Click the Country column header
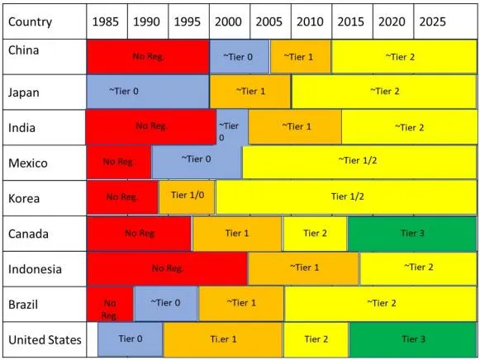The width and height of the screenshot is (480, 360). (x=30, y=21)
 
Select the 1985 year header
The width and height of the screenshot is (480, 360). (x=105, y=21)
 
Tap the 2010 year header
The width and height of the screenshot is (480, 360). (x=310, y=21)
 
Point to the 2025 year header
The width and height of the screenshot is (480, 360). (x=432, y=21)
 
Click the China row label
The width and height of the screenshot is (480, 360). (x=24, y=50)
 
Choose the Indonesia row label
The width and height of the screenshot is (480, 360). (x=35, y=269)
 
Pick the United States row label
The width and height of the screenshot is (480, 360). (x=45, y=340)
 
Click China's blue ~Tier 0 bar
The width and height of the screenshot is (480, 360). (x=239, y=57)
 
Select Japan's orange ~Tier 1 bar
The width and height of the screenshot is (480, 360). (x=250, y=92)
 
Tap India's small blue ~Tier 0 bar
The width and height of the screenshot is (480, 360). (x=232, y=127)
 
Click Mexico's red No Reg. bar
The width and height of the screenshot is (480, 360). (x=119, y=162)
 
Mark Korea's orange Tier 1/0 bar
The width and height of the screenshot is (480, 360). (x=187, y=197)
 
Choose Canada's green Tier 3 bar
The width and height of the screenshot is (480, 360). (x=412, y=234)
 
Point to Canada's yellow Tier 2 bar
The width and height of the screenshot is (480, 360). (x=315, y=234)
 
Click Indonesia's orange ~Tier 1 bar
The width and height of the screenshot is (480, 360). (x=303, y=268)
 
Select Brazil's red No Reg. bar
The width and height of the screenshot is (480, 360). (x=110, y=304)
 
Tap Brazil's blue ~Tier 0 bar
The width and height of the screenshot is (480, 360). (x=166, y=304)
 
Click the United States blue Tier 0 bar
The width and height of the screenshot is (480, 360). (x=130, y=339)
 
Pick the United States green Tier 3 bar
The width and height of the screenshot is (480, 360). (x=413, y=339)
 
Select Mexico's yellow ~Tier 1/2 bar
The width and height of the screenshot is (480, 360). (x=359, y=162)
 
